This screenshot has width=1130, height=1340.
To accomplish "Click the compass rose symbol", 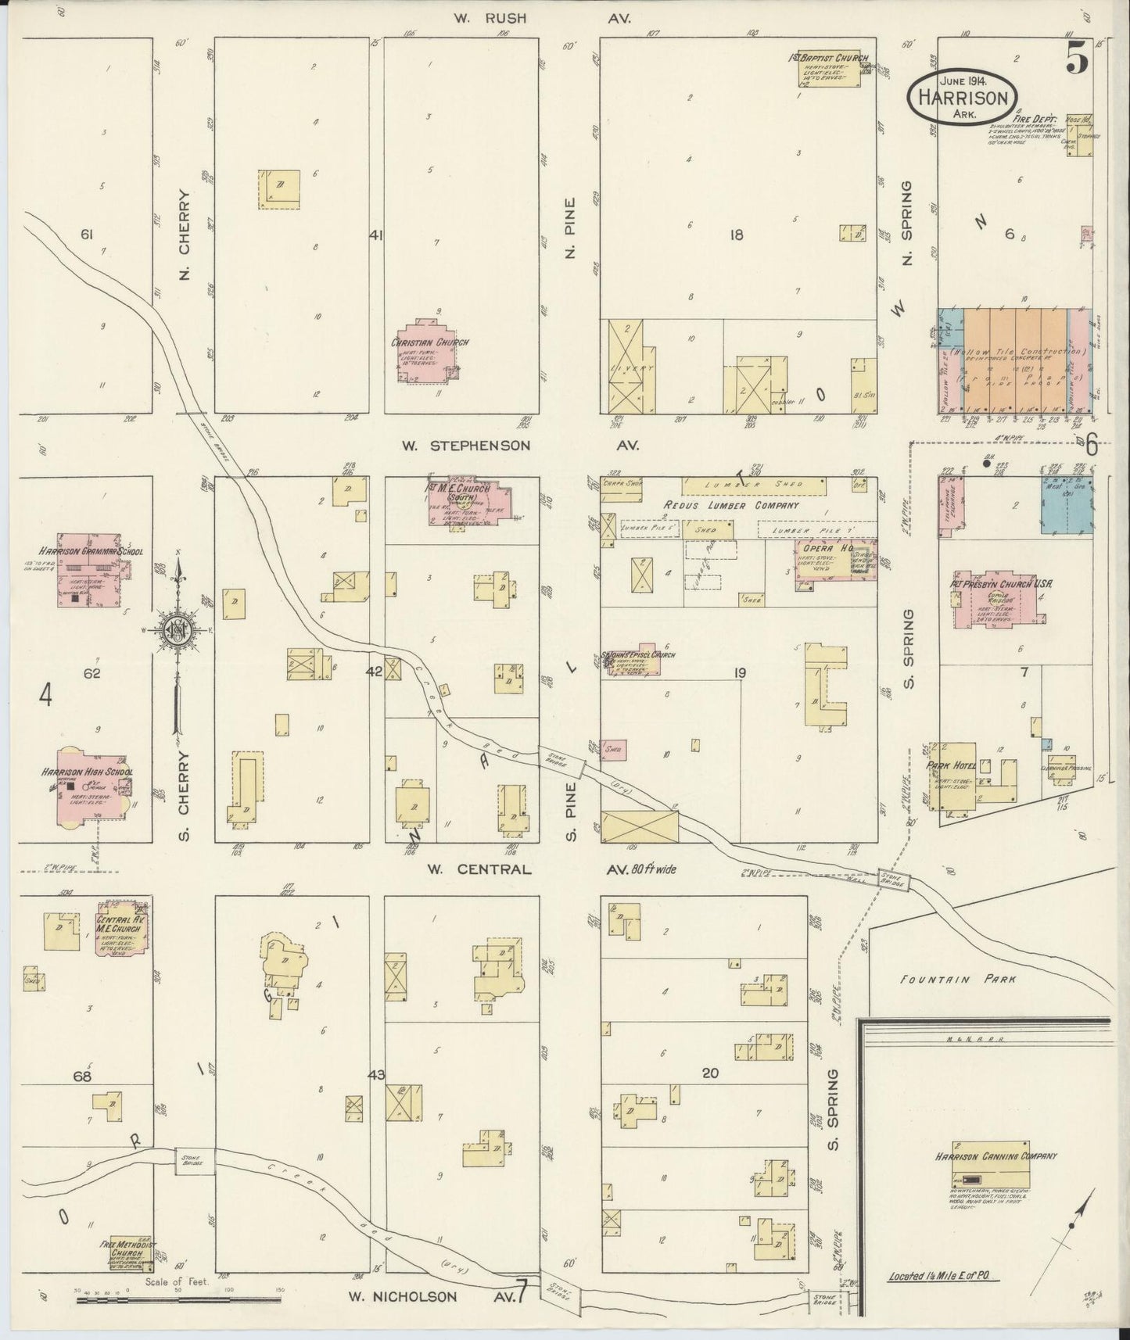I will coord(178,629).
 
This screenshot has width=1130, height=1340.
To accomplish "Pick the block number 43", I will coord(377,1076).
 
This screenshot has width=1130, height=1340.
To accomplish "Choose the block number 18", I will coord(736,234).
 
